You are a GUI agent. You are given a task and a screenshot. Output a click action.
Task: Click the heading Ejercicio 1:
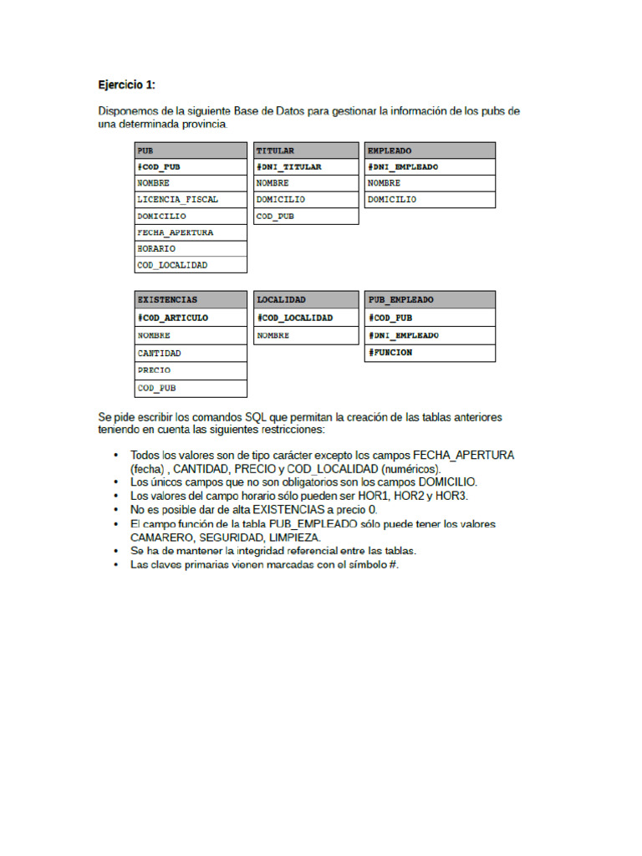pos(127,84)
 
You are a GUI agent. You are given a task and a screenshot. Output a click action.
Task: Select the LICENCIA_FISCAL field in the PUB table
pos(178,200)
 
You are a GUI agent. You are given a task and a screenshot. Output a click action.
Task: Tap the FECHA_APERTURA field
pos(176,232)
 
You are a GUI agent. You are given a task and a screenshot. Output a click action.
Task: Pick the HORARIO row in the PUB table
pos(156,248)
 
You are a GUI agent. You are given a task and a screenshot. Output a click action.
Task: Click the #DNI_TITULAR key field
pos(289,166)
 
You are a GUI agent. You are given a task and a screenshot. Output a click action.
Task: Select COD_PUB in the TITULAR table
pos(275,216)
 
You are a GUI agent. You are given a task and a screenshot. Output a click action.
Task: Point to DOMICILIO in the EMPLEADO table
pos(392,200)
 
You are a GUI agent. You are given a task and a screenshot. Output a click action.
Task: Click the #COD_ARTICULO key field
pos(173,318)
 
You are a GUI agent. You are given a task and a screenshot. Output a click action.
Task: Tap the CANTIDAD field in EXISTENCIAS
pos(160,353)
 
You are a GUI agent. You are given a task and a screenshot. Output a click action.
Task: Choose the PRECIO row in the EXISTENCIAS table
pos(155,369)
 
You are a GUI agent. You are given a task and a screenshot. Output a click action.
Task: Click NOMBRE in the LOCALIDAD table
pos(273,335)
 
